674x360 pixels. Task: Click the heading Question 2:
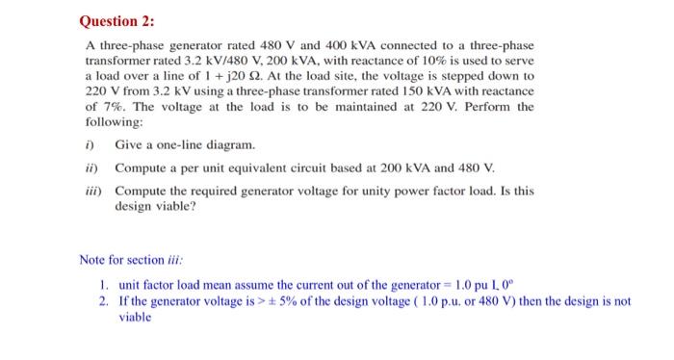118,20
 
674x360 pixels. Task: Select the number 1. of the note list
103,286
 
